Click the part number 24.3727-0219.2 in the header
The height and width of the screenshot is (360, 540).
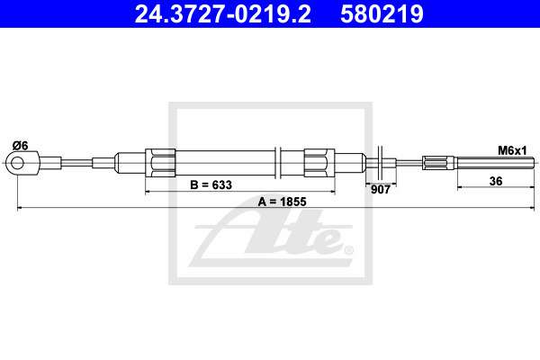pos(222,14)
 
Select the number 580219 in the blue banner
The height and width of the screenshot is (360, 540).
pos(382,14)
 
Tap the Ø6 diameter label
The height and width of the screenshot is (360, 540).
pos(21,146)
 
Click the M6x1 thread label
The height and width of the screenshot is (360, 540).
pos(512,150)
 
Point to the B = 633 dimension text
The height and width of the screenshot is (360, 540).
pos(211,185)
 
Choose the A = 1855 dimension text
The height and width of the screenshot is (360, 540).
pos(282,202)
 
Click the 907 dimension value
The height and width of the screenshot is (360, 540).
pos(381,190)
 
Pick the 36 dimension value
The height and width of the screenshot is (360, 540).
pos(496,181)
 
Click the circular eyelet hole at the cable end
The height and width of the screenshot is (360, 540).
pos(17,163)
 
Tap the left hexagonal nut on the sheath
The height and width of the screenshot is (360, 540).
pos(160,163)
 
